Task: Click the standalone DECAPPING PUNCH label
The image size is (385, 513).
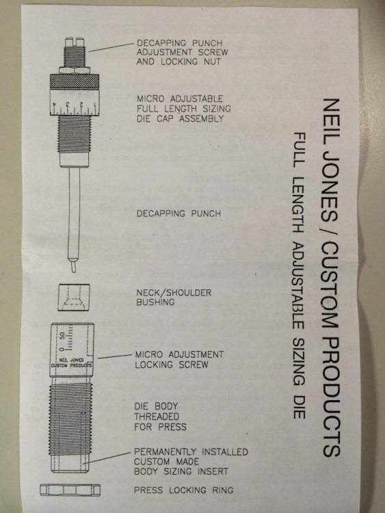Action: [178, 213]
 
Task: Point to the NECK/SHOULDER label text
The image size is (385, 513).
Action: [174, 293]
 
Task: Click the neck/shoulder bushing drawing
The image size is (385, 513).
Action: [74, 298]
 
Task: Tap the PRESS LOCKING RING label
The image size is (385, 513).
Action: [183, 490]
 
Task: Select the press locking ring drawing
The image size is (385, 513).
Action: [70, 490]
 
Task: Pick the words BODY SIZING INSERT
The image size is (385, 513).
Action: [181, 471]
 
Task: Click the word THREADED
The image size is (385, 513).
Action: [157, 417]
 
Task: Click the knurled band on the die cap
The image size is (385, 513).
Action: [75, 81]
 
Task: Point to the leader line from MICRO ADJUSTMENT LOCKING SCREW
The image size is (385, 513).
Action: [114, 356]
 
